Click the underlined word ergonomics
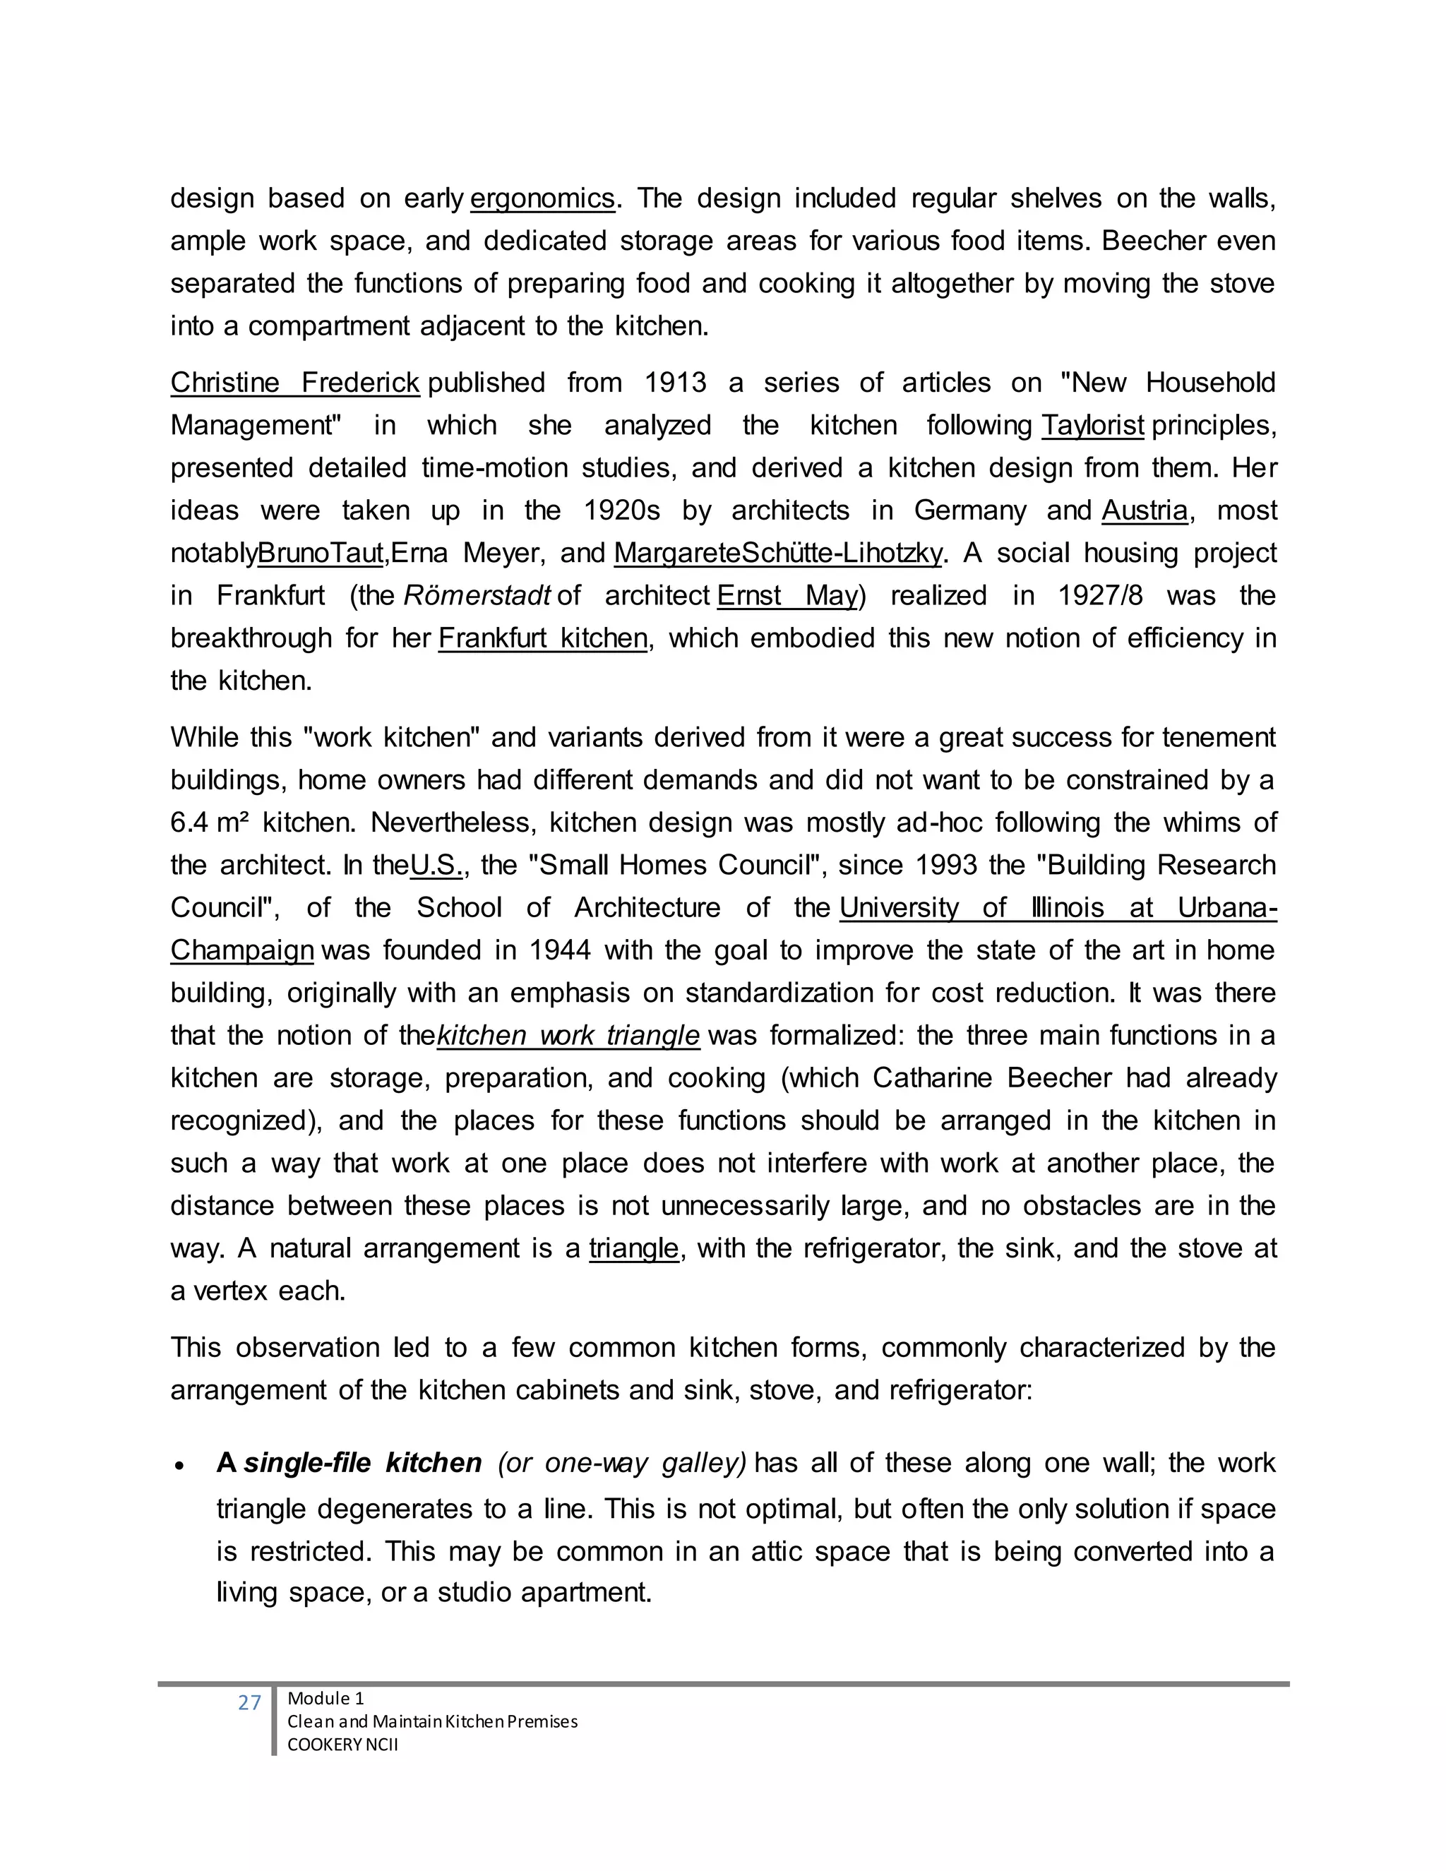coord(542,199)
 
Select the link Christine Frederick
coord(294,383)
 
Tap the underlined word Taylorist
coord(1092,426)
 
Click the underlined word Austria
coord(1145,510)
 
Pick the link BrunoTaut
coord(321,554)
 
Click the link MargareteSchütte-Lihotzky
coord(778,554)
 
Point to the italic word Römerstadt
coord(477,595)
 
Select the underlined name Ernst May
coord(787,595)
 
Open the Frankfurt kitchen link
coord(542,638)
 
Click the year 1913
coord(675,383)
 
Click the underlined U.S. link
coord(436,866)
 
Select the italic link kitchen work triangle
coord(568,1036)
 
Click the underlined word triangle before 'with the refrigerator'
coord(634,1249)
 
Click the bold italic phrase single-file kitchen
coord(363,1462)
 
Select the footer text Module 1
coord(325,1699)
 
